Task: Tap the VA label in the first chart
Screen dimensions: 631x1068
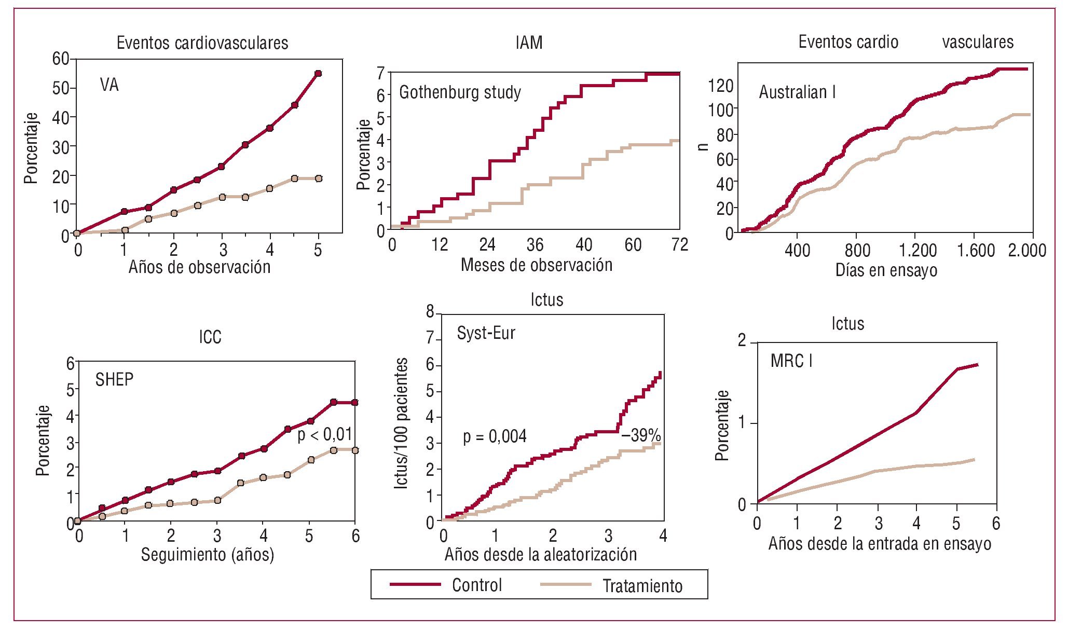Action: (109, 85)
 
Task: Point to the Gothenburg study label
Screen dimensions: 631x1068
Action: (460, 92)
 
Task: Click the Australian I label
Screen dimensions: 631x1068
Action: (797, 92)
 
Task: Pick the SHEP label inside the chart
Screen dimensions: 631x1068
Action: (114, 379)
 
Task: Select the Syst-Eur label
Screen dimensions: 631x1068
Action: (486, 333)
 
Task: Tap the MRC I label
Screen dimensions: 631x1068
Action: (791, 361)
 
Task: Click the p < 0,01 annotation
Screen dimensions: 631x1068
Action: (325, 434)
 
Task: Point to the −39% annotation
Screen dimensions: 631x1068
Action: (641, 435)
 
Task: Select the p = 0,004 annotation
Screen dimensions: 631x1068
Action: (495, 436)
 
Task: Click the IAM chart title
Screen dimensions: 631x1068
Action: (529, 43)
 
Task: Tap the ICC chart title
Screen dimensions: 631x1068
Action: (210, 337)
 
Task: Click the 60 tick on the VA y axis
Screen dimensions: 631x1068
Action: (61, 59)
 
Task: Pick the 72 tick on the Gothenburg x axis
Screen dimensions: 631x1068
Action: (679, 244)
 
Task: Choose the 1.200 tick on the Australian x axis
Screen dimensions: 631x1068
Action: (918, 250)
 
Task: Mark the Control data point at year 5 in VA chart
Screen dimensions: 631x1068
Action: (318, 74)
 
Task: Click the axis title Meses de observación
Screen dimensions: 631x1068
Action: (537, 265)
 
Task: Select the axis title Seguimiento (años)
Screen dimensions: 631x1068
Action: (208, 554)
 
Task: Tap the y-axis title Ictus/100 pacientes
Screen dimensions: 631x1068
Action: (401, 423)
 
